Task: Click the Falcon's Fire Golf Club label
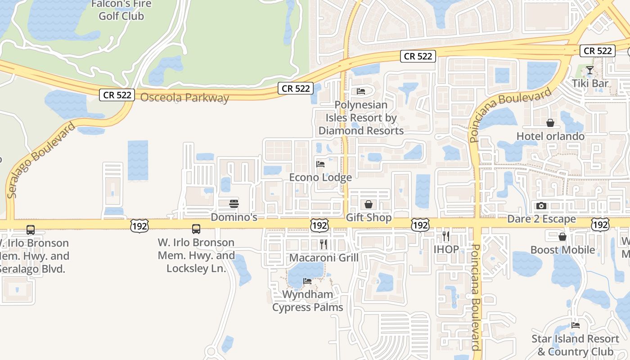[x=121, y=10]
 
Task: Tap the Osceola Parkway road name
[x=184, y=98]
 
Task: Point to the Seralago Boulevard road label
[x=41, y=160]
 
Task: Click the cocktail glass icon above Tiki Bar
[x=589, y=71]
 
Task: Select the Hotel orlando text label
[x=550, y=136]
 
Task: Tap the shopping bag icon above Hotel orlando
[x=550, y=123]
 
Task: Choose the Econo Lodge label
[x=320, y=177]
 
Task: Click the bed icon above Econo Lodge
[x=320, y=164]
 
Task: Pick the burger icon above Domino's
[x=234, y=204]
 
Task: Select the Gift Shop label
[x=369, y=218]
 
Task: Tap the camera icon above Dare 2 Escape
[x=541, y=206]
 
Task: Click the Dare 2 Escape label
[x=541, y=219]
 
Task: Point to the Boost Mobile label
[x=562, y=250]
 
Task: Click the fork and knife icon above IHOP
[x=446, y=236]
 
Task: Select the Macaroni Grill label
[x=324, y=258]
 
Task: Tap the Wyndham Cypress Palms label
[x=308, y=301]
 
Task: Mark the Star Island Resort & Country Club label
[x=575, y=345]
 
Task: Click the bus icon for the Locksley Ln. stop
[x=196, y=229]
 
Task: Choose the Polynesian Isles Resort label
[x=361, y=118]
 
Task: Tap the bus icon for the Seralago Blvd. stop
[x=31, y=230]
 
